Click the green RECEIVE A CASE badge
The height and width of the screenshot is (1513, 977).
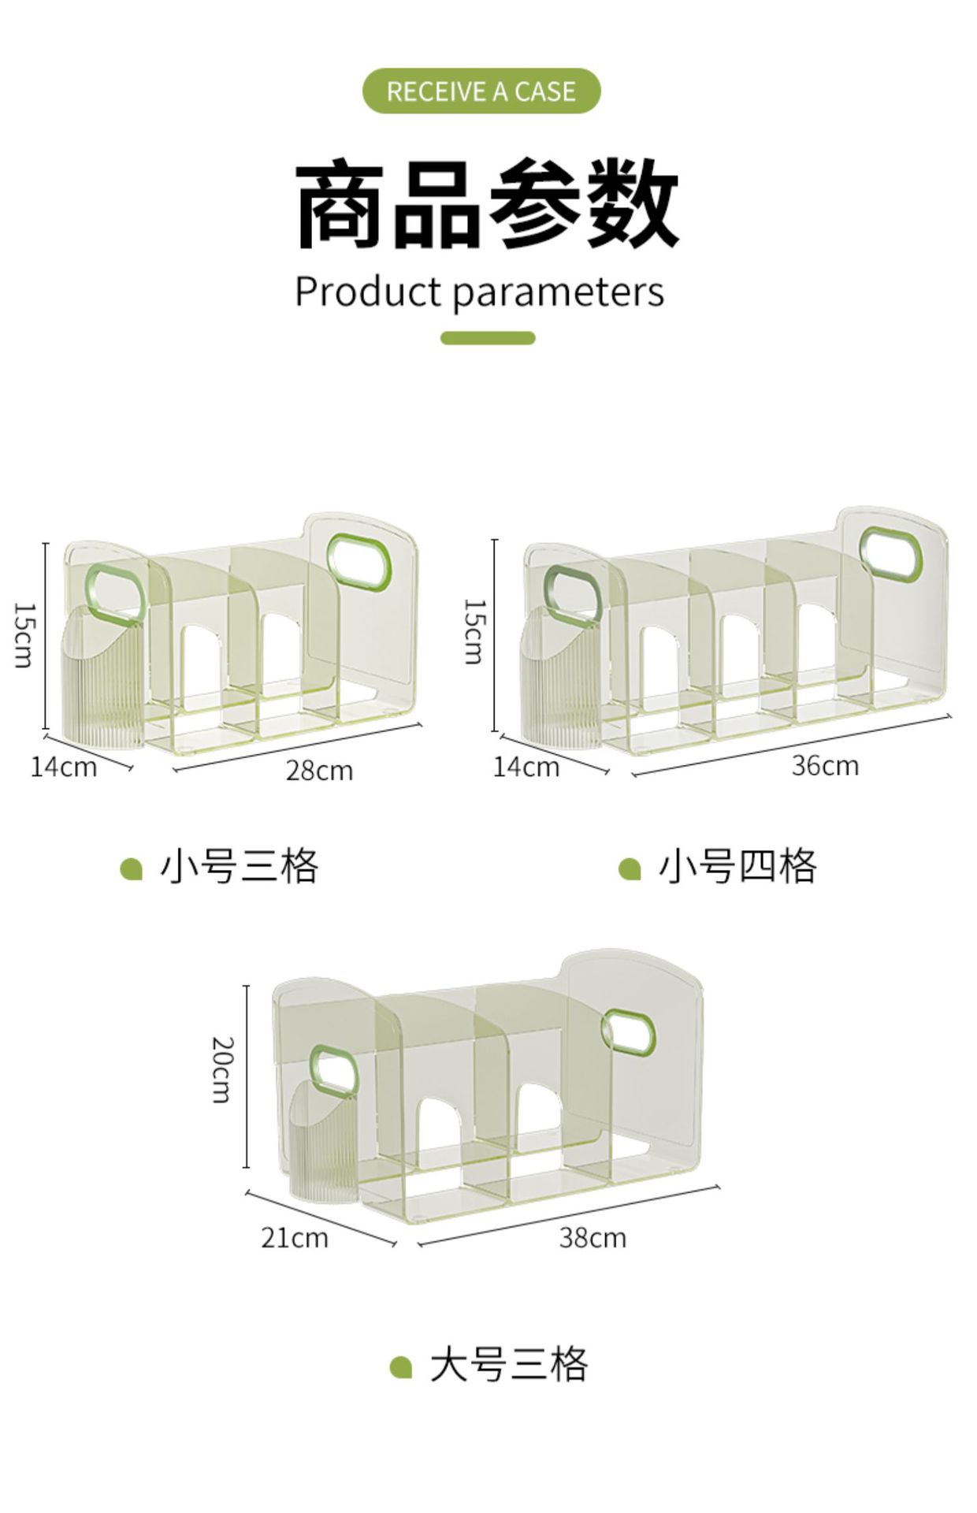tap(481, 91)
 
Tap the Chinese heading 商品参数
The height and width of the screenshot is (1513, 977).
tap(487, 203)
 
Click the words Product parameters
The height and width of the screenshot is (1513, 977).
tap(479, 292)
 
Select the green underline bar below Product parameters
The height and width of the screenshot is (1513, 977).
tap(488, 338)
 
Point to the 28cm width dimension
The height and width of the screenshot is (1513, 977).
tap(319, 770)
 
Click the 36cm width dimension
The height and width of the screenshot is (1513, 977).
tap(825, 764)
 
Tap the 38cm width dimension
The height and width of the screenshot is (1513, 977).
tap(593, 1237)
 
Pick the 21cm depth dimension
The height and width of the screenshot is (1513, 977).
tap(295, 1237)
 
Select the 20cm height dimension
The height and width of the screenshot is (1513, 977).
tap(223, 1069)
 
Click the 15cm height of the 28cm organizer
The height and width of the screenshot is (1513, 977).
tap(24, 635)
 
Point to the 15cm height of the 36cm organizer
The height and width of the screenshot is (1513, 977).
tap(474, 632)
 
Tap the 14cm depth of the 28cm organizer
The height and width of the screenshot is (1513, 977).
tap(64, 767)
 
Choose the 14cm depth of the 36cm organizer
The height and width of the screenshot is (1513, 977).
tap(526, 767)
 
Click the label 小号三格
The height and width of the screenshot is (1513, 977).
tap(239, 866)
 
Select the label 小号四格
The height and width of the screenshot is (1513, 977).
tap(737, 866)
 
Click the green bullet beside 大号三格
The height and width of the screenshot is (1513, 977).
tap(401, 1366)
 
